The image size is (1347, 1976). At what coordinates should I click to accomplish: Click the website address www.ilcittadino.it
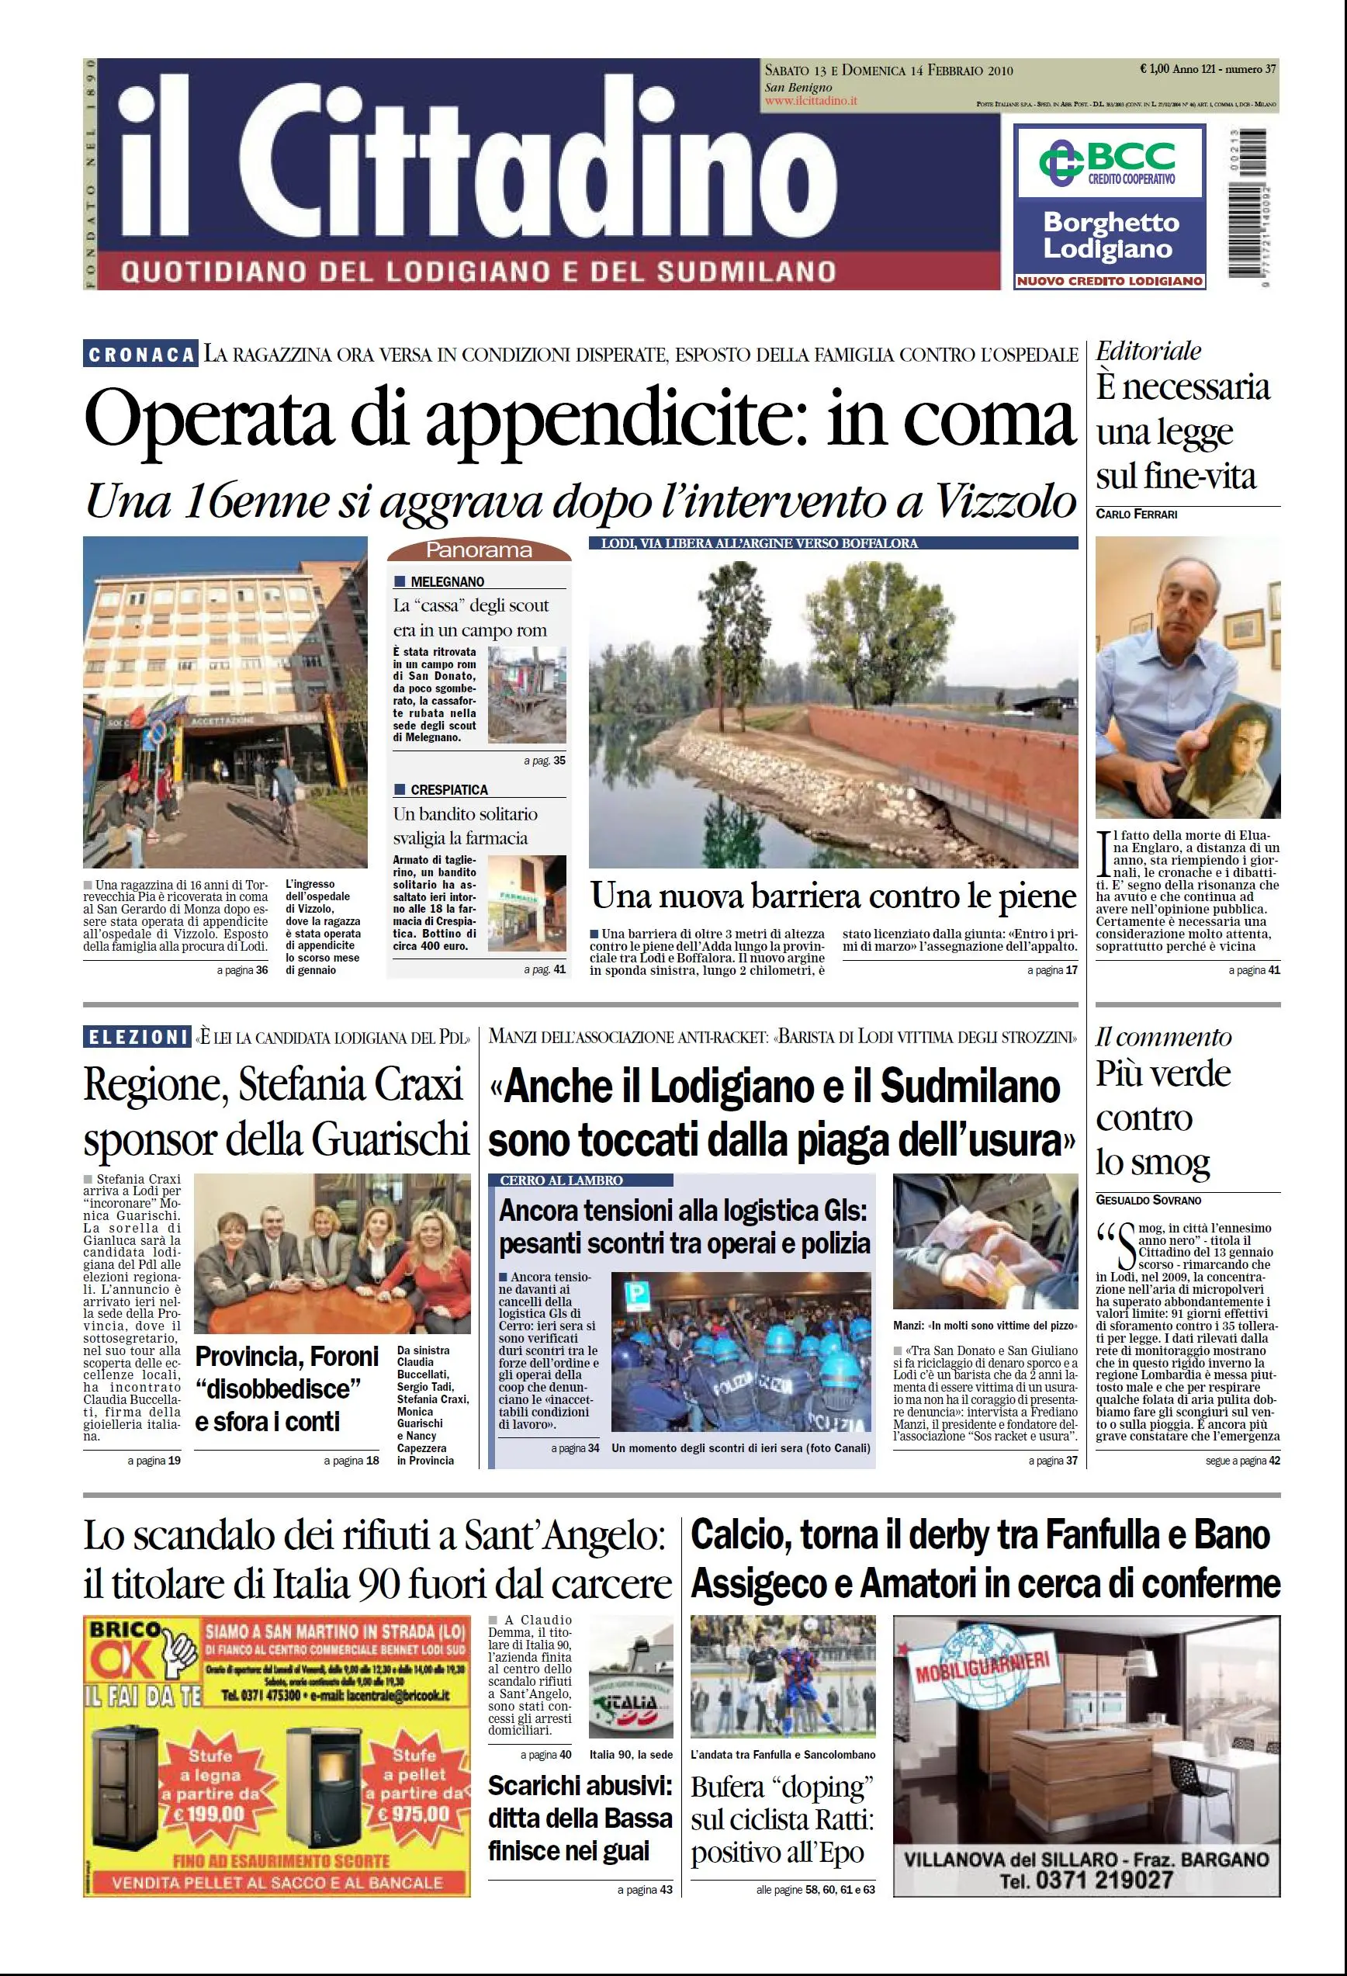811,100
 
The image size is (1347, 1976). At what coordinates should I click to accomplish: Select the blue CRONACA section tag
141,354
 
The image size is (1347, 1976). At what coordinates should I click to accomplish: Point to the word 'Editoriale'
1148,350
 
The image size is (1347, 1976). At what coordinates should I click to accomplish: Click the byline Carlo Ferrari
1136,515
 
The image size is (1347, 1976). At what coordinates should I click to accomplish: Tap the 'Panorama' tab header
479,550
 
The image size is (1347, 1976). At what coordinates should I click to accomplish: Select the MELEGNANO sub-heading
446,581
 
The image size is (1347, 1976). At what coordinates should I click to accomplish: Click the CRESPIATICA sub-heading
448,789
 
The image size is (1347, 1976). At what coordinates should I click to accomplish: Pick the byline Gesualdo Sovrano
1148,1200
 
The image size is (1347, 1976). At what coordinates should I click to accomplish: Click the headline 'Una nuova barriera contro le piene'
833,896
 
